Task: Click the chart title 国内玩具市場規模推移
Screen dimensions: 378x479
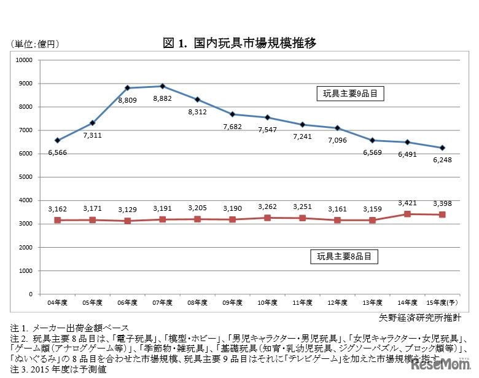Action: pyautogui.click(x=240, y=43)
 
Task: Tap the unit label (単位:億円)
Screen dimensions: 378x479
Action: pyautogui.click(x=34, y=44)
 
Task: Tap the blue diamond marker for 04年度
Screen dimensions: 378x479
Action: pyautogui.click(x=57, y=140)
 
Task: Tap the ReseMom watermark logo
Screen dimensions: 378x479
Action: pyautogui.click(x=437, y=366)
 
